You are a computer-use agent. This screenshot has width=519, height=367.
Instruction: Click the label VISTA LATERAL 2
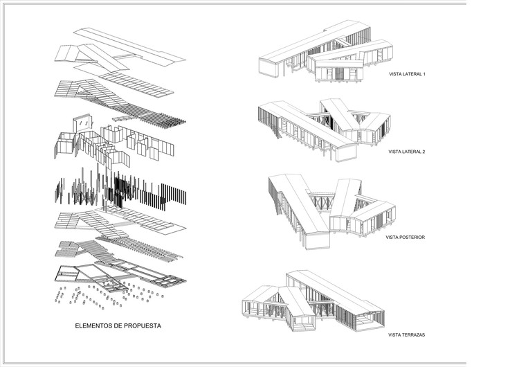click(x=407, y=151)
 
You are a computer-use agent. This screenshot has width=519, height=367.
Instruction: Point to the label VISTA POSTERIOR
click(x=406, y=237)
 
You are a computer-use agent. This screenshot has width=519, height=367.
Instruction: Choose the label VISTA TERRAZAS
click(x=406, y=335)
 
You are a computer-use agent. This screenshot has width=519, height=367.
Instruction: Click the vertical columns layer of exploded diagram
click(x=118, y=190)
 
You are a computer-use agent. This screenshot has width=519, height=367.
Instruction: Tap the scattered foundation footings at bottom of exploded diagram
click(x=104, y=294)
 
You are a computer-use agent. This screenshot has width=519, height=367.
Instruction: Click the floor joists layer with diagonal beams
click(x=118, y=249)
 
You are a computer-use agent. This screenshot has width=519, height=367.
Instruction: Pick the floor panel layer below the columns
click(x=118, y=223)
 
